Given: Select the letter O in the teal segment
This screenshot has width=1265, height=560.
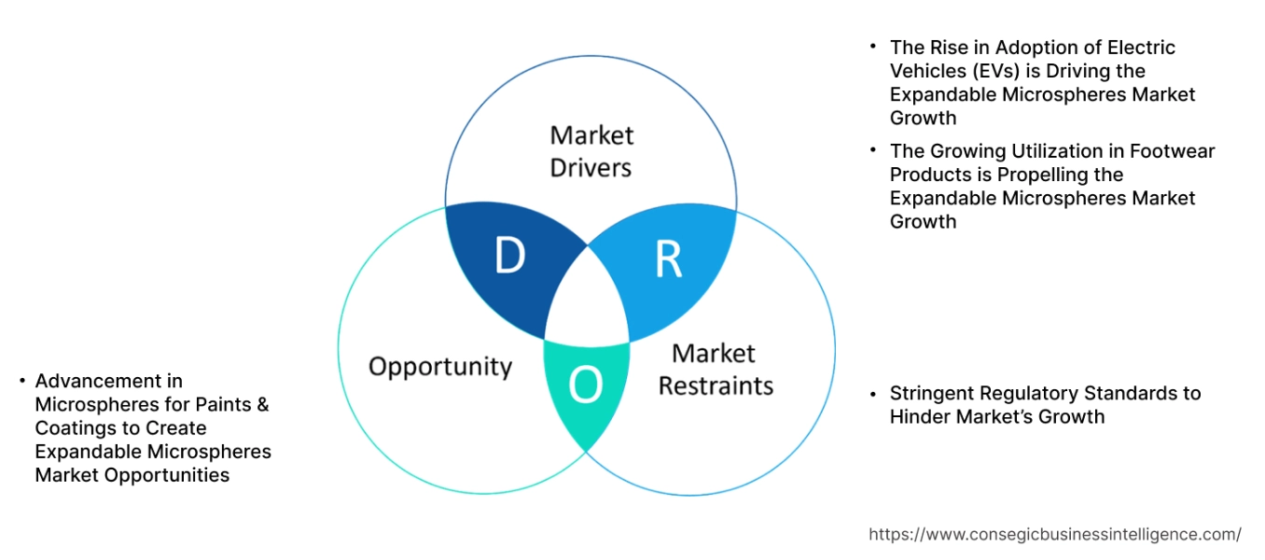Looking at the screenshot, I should [x=585, y=385].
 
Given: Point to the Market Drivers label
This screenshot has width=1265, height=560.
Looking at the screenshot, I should [x=591, y=151].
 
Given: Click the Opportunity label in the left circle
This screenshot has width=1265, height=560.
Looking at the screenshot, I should [x=440, y=367].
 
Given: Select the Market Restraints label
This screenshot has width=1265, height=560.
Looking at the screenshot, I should [x=716, y=370].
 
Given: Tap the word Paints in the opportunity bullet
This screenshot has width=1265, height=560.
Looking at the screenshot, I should [x=223, y=404].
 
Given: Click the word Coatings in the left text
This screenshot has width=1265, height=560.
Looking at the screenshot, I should [x=75, y=427].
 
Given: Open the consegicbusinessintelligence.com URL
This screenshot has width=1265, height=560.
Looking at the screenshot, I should [x=1054, y=535].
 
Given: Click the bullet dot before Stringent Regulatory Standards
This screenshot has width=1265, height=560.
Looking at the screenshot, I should [x=873, y=393].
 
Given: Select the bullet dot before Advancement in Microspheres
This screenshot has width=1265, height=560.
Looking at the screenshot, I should [x=21, y=381].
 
